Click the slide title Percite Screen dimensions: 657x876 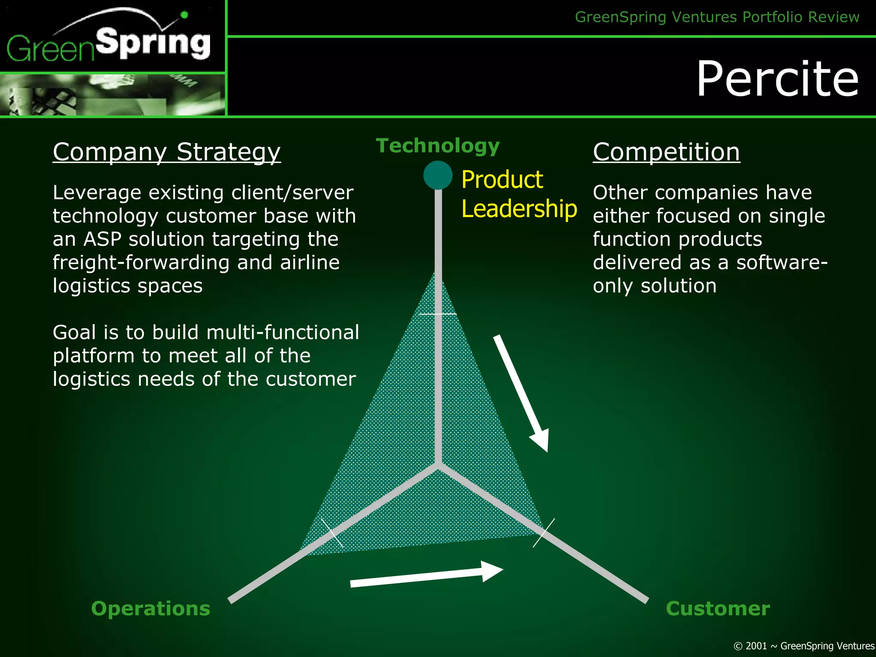[777, 79]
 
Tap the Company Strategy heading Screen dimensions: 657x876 [166, 152]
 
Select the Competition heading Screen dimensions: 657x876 [666, 152]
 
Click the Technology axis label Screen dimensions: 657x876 [438, 146]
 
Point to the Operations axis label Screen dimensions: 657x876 [151, 608]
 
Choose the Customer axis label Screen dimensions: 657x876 [718, 608]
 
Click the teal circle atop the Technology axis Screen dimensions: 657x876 [438, 175]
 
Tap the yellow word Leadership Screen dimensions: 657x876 [519, 209]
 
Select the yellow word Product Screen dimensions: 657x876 [502, 180]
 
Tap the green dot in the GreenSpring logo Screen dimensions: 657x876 [184, 15]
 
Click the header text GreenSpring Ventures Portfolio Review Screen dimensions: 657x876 [717, 17]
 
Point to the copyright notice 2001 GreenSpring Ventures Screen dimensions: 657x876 [804, 646]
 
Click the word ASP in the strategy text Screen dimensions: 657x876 [102, 239]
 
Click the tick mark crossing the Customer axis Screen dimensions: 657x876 [544, 533]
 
